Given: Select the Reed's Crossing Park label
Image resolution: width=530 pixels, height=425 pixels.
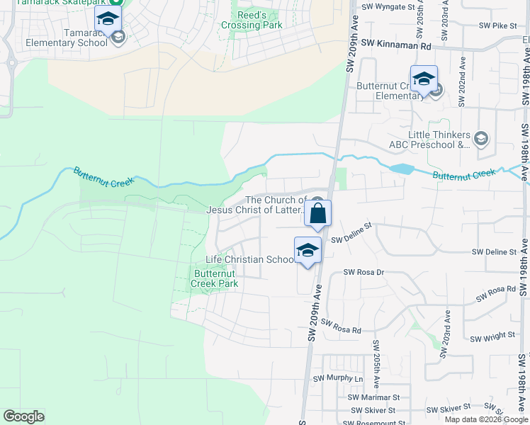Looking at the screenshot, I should coord(252,20).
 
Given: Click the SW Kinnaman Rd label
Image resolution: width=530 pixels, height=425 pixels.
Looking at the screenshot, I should coord(396,45).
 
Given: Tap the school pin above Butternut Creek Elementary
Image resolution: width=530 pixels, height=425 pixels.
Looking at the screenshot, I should coord(424,79).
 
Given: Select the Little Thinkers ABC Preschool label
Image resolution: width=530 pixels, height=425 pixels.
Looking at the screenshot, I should coord(439,140).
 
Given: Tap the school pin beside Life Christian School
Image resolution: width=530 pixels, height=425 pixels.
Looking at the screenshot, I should coord(308,251).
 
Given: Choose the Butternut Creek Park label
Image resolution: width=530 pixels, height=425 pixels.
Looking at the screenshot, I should coord(215,278).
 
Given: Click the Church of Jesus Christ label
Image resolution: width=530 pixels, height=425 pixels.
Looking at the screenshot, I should coord(256,205).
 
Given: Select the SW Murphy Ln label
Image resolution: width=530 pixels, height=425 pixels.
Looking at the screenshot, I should coord(342,378).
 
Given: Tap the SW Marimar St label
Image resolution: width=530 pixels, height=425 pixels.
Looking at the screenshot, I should coord(373,398).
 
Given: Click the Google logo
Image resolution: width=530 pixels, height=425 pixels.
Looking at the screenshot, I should coord(23,416).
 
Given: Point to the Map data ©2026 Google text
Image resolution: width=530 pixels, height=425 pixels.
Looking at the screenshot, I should coord(485,419).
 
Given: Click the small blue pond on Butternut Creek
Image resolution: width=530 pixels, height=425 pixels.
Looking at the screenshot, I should coord(401,169).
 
